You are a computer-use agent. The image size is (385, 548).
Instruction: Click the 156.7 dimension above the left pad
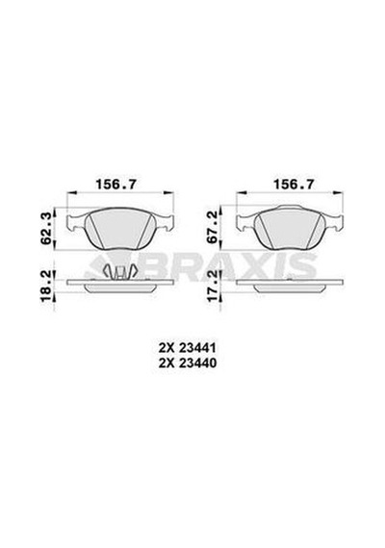[116, 184]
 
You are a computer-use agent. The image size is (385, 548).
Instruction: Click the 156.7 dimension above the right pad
[294, 184]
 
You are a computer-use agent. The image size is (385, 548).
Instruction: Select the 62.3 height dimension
[47, 228]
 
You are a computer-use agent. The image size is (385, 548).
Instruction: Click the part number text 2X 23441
[188, 348]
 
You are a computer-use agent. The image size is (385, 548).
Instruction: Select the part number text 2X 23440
[188, 363]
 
